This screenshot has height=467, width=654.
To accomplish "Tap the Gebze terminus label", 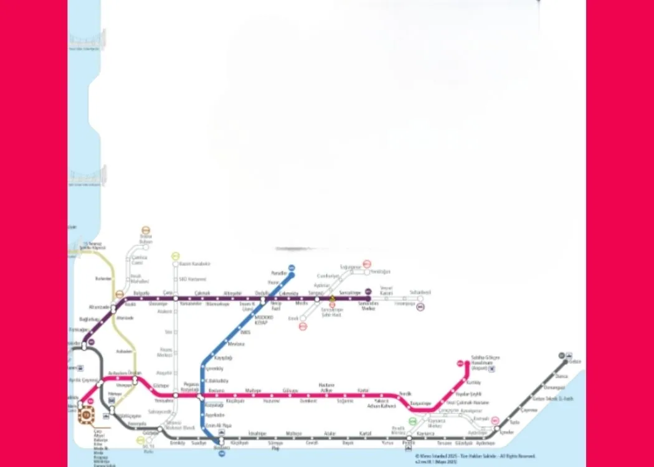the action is tap(575, 361).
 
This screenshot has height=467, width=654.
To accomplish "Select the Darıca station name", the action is tap(562, 376).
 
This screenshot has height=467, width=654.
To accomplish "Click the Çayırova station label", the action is tap(529, 410).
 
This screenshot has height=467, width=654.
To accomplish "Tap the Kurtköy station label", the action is tap(473, 382).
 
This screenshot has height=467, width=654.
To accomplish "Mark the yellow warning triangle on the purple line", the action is tap(332, 298).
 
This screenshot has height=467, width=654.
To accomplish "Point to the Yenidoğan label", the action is tap(380, 271).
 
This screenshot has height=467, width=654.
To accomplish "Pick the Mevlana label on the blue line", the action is tap(236, 344).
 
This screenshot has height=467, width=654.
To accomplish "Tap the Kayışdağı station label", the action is tap(223, 359).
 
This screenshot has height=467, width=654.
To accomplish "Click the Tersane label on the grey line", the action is tap(443, 443).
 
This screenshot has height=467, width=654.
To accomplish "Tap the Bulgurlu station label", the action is tap(141, 292).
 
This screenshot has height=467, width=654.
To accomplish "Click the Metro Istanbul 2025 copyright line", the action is tap(466, 456).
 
